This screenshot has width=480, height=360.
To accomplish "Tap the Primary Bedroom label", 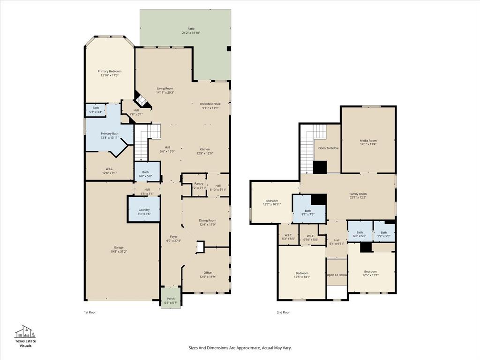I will click(109, 71).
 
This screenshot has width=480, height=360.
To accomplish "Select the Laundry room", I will click(144, 210).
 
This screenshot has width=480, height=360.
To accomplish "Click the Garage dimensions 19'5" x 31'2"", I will click(119, 252).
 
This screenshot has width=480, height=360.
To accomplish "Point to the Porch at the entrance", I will click(171, 299).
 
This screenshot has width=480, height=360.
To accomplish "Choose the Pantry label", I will click(199, 184).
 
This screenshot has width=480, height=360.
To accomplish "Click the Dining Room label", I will click(207, 220).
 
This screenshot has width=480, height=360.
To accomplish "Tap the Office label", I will click(207, 272).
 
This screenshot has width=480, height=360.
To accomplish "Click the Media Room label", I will click(368, 141).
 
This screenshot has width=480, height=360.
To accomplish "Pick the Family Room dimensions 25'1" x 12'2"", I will click(358, 198).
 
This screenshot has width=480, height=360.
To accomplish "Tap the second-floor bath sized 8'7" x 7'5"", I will click(308, 211).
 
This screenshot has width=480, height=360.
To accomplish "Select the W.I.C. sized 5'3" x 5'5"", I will click(288, 235).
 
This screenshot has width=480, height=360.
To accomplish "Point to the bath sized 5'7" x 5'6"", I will click(384, 232).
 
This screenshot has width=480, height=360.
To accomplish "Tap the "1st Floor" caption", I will click(90, 312).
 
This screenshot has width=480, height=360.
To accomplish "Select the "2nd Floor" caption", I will click(283, 312).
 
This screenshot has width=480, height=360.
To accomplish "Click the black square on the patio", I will click(229, 48).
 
